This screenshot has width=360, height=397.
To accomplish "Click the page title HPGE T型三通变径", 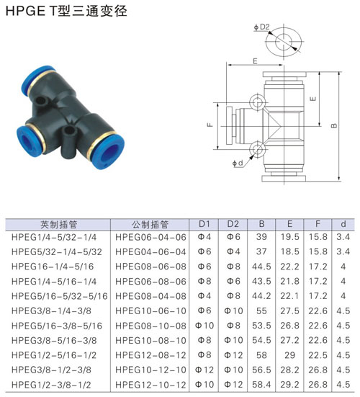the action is pyautogui.click(x=66, y=12).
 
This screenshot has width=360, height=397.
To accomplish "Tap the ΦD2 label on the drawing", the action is pyautogui.click(x=262, y=27).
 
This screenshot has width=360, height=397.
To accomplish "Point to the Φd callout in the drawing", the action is pyautogui.click(x=238, y=163).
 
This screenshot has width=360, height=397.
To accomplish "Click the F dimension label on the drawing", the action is pyautogui.click(x=210, y=125).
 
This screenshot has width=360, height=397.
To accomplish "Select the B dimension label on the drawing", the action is pyautogui.click(x=334, y=125).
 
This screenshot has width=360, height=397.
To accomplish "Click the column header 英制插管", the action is pyautogui.click(x=58, y=224).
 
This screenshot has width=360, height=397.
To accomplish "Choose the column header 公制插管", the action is pyautogui.click(x=150, y=224).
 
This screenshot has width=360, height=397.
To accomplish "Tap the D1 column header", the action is pyautogui.click(x=204, y=224).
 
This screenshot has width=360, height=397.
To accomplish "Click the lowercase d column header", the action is pyautogui.click(x=343, y=224).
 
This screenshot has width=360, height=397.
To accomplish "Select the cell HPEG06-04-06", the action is pyautogui.click(x=150, y=237).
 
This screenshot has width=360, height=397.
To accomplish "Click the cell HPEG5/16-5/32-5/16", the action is pyautogui.click(x=60, y=296).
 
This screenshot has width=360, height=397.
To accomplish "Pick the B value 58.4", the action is pyautogui.click(x=261, y=385).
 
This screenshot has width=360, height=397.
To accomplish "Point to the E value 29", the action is pyautogui.click(x=289, y=355).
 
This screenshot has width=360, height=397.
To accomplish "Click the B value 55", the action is pyautogui.click(x=261, y=311).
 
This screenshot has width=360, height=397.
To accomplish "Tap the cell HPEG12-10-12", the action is pyautogui.click(x=150, y=385).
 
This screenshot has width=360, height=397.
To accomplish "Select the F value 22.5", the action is pyautogui.click(x=318, y=355).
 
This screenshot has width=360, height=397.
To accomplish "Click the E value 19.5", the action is pyautogui.click(x=289, y=237).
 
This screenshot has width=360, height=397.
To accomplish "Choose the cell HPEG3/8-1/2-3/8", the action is pyautogui.click(x=51, y=370).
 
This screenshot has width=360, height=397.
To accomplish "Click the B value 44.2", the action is pyautogui.click(x=261, y=296).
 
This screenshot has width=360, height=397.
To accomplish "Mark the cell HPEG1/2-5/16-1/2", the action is pyautogui.click(x=54, y=355).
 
